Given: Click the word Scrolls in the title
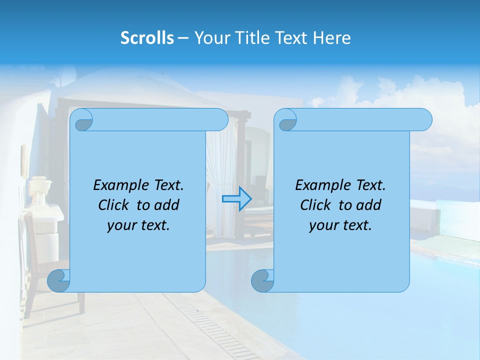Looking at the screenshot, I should [147, 38].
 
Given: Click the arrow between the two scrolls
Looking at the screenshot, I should [236, 198].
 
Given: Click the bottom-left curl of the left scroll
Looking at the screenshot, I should [58, 280].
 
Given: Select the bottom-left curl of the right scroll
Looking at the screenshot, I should [262, 280].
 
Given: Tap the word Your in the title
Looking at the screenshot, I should [210, 38].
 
